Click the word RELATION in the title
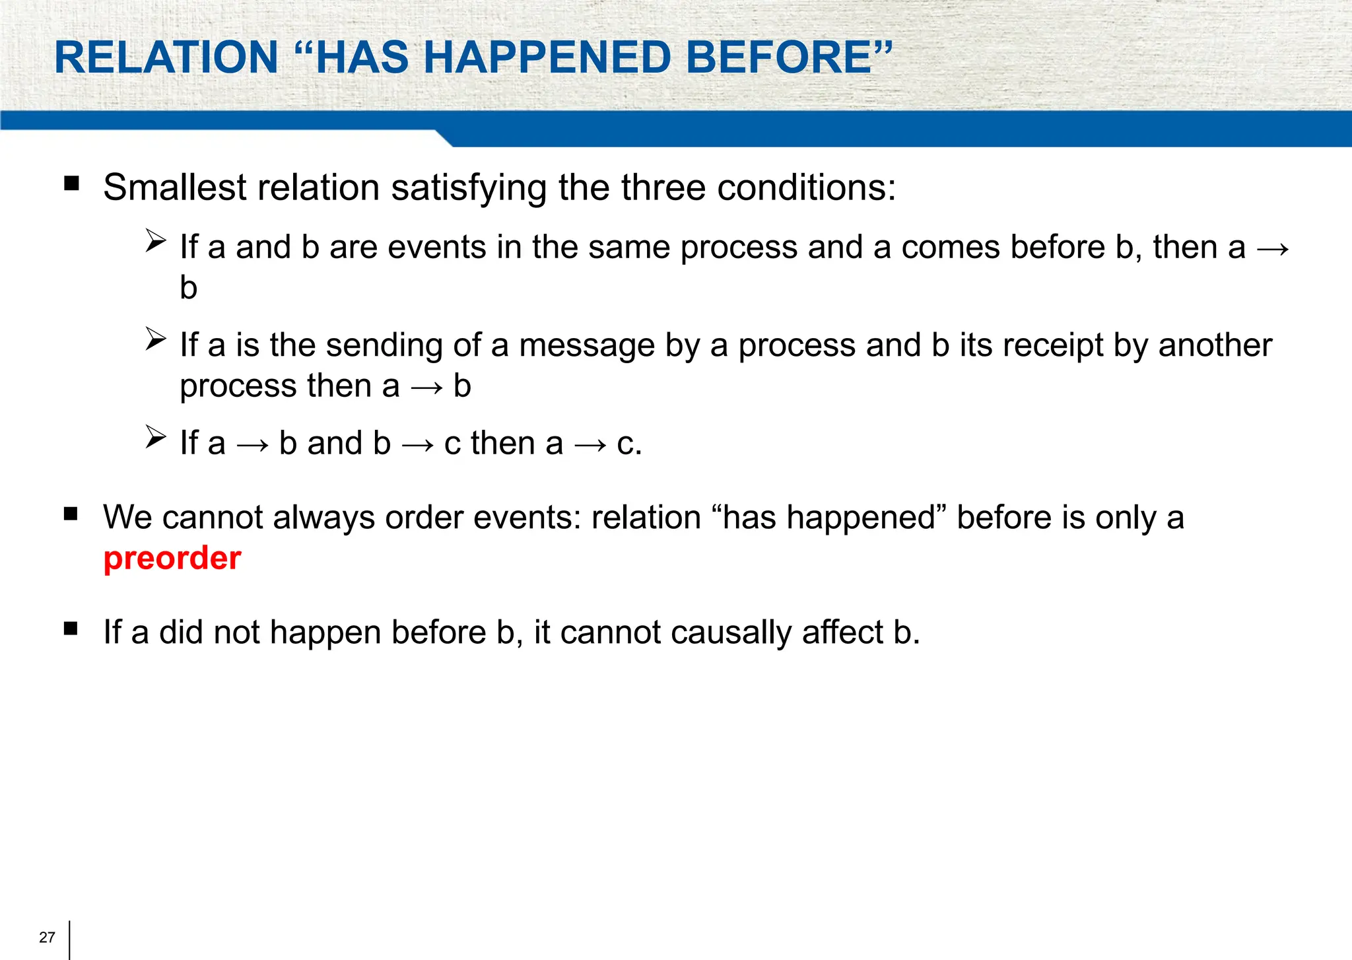click(166, 57)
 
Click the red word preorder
click(172, 559)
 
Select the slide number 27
click(47, 938)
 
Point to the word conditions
click(806, 188)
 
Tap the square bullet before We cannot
click(71, 513)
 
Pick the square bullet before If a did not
click(71, 628)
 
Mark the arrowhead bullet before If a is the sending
click(156, 339)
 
